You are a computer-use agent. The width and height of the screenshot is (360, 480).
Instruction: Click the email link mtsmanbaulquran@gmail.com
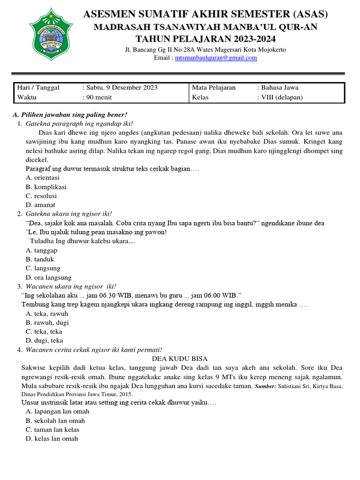[x=216, y=58]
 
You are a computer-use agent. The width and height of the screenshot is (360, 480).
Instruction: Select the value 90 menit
[x=98, y=97]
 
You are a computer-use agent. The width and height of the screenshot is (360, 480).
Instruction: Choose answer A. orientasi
[x=43, y=178]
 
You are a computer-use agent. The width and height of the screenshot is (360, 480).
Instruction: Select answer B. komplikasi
[x=46, y=187]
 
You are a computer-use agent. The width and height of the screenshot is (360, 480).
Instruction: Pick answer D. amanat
[x=41, y=205]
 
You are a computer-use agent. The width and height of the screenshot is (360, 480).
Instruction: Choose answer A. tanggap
[x=42, y=250]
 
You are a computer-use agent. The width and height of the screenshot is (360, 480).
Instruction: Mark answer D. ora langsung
[x=49, y=277]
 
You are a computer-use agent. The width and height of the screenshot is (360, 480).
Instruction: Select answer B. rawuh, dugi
[x=47, y=322]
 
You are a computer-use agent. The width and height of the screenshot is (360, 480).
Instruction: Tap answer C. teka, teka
[x=44, y=331]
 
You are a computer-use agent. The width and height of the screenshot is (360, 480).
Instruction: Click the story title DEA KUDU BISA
[x=180, y=359]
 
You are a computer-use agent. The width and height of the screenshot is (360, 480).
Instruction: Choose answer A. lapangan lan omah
[x=58, y=411]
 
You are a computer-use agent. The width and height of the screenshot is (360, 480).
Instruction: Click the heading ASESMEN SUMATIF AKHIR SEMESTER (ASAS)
[x=205, y=15]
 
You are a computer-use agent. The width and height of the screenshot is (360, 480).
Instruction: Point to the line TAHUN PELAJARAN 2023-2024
[x=205, y=38]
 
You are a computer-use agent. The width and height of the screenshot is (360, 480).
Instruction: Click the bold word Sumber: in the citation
[x=265, y=386]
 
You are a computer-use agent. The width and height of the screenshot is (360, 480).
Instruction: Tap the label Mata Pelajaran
[x=214, y=88]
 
